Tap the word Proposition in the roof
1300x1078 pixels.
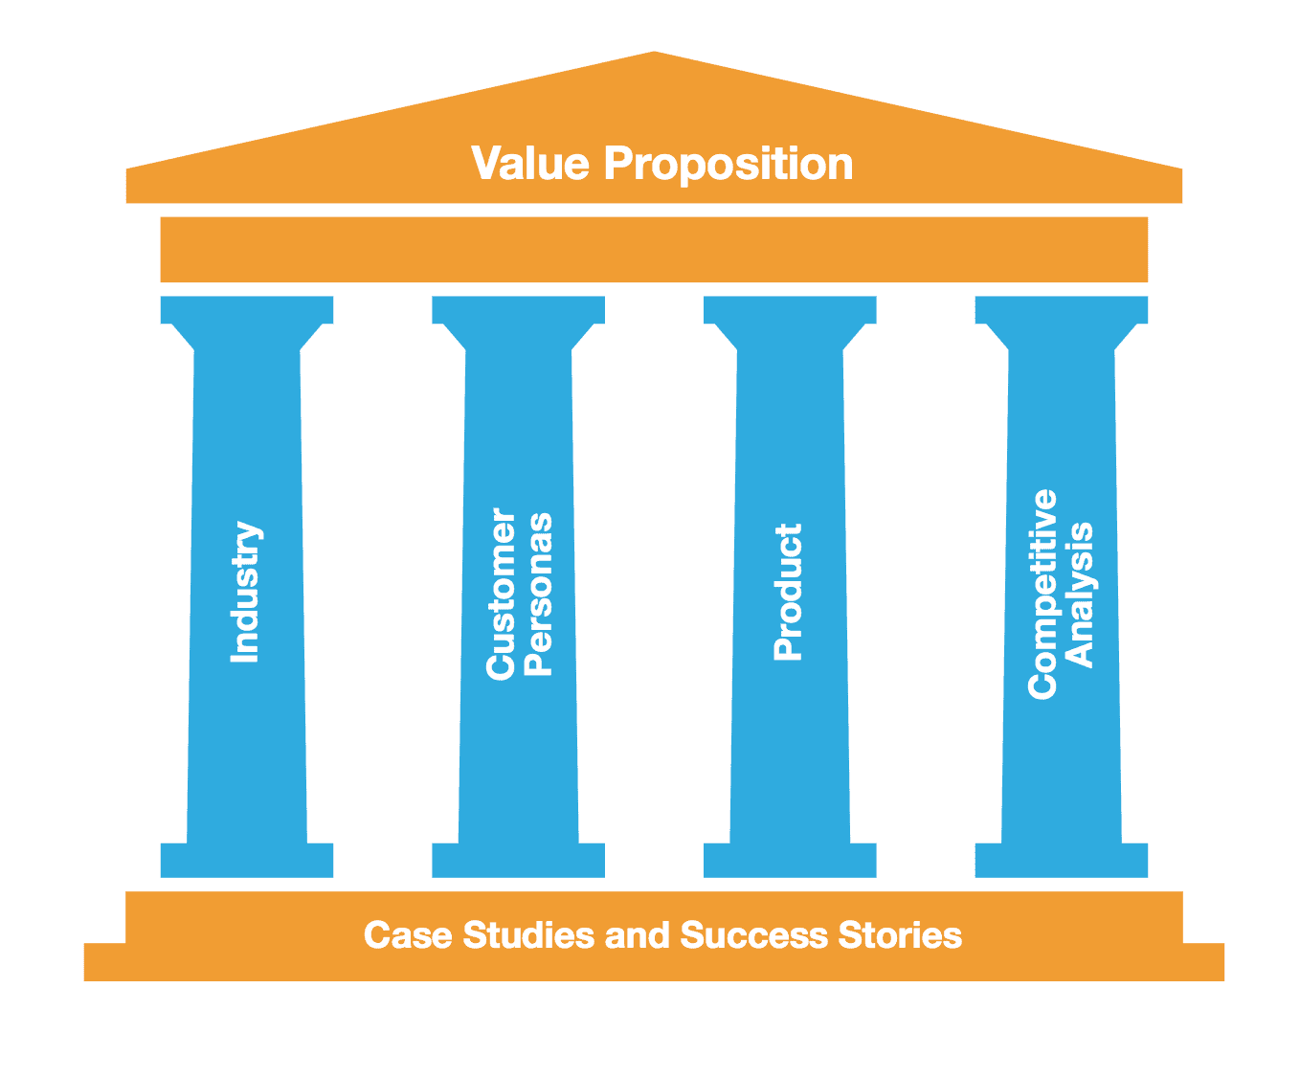(x=728, y=165)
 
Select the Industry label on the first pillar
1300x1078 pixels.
(x=245, y=592)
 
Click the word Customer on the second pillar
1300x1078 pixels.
(x=501, y=595)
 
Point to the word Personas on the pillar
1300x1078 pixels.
(x=539, y=595)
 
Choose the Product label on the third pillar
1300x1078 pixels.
(x=788, y=592)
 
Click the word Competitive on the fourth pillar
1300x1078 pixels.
(x=1042, y=594)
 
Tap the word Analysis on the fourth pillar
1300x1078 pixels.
(x=1079, y=595)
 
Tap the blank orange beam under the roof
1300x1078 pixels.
(x=654, y=249)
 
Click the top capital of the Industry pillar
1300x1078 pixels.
(x=247, y=310)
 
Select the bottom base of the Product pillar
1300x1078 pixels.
(x=790, y=861)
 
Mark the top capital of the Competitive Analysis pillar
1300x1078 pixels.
(x=1061, y=310)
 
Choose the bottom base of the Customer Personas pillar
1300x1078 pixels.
(x=518, y=861)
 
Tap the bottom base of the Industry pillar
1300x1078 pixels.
(x=247, y=861)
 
